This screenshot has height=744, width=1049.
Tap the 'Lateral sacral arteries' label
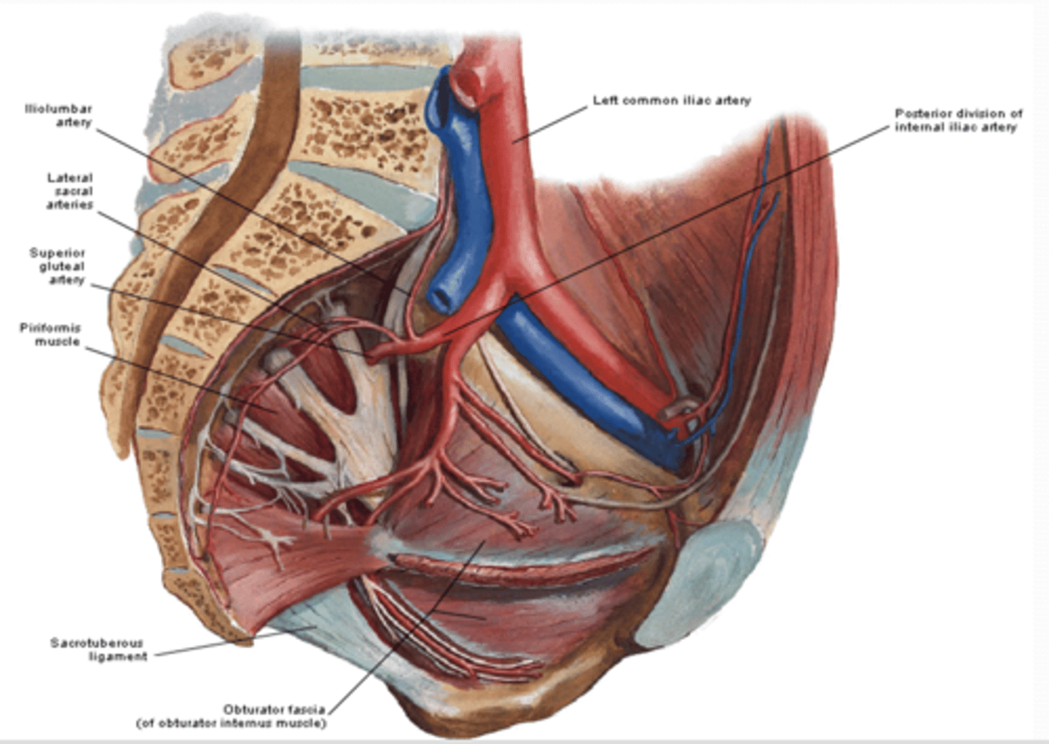pos(70,191)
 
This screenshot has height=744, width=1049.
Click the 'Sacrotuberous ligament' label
pos(98,649)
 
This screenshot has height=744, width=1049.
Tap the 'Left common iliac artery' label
pos(671,100)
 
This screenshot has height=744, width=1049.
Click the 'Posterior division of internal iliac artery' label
pos(958,120)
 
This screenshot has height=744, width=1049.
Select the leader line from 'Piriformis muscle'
pos(182,379)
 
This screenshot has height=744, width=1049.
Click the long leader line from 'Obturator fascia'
pos(408,626)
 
